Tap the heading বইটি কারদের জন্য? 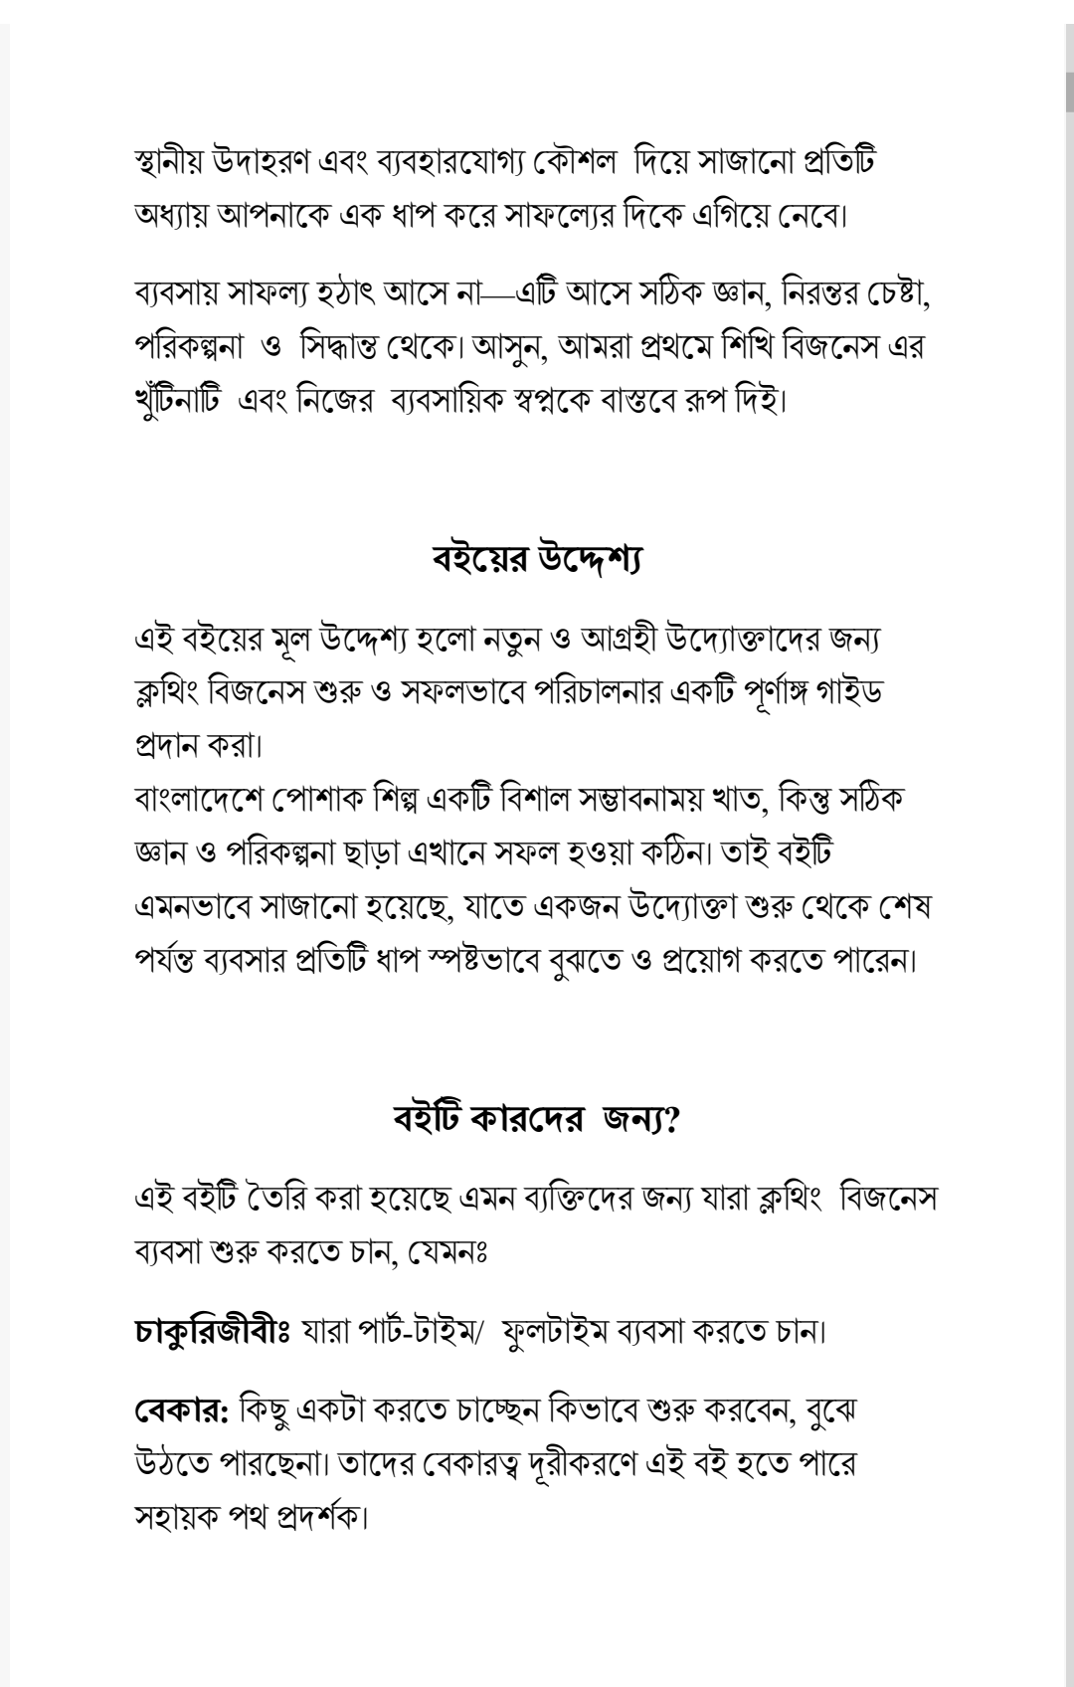click(537, 1119)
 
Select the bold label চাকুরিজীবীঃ click(211, 1330)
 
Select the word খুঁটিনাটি click(176, 402)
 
